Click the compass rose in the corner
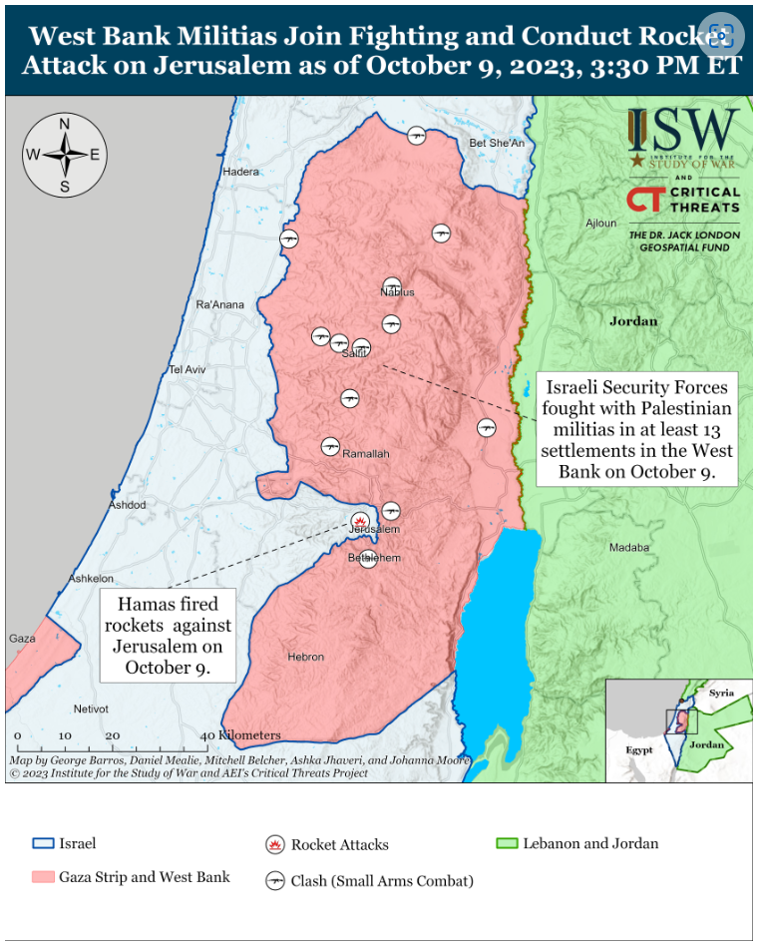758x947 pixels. coord(65,155)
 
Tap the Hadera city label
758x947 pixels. coord(240,172)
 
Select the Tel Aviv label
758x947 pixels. coord(187,369)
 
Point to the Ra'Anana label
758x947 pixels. coord(219,304)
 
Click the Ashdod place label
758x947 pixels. coord(127,505)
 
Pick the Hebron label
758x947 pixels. coord(306,658)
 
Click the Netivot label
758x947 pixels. coord(91,710)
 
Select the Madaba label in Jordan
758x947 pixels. coord(628,548)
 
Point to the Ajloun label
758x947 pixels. coord(601,224)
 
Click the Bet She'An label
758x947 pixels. coord(497,144)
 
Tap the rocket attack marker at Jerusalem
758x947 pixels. coord(359,520)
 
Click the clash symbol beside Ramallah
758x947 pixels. coord(330,446)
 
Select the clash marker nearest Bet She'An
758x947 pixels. coord(417,135)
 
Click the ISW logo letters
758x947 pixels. coord(683,130)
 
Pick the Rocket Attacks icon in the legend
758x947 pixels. coord(274,845)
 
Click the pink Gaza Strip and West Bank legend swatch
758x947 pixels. coord(43,877)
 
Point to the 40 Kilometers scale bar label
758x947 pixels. coord(243,735)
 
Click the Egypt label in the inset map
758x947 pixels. coord(638,749)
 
